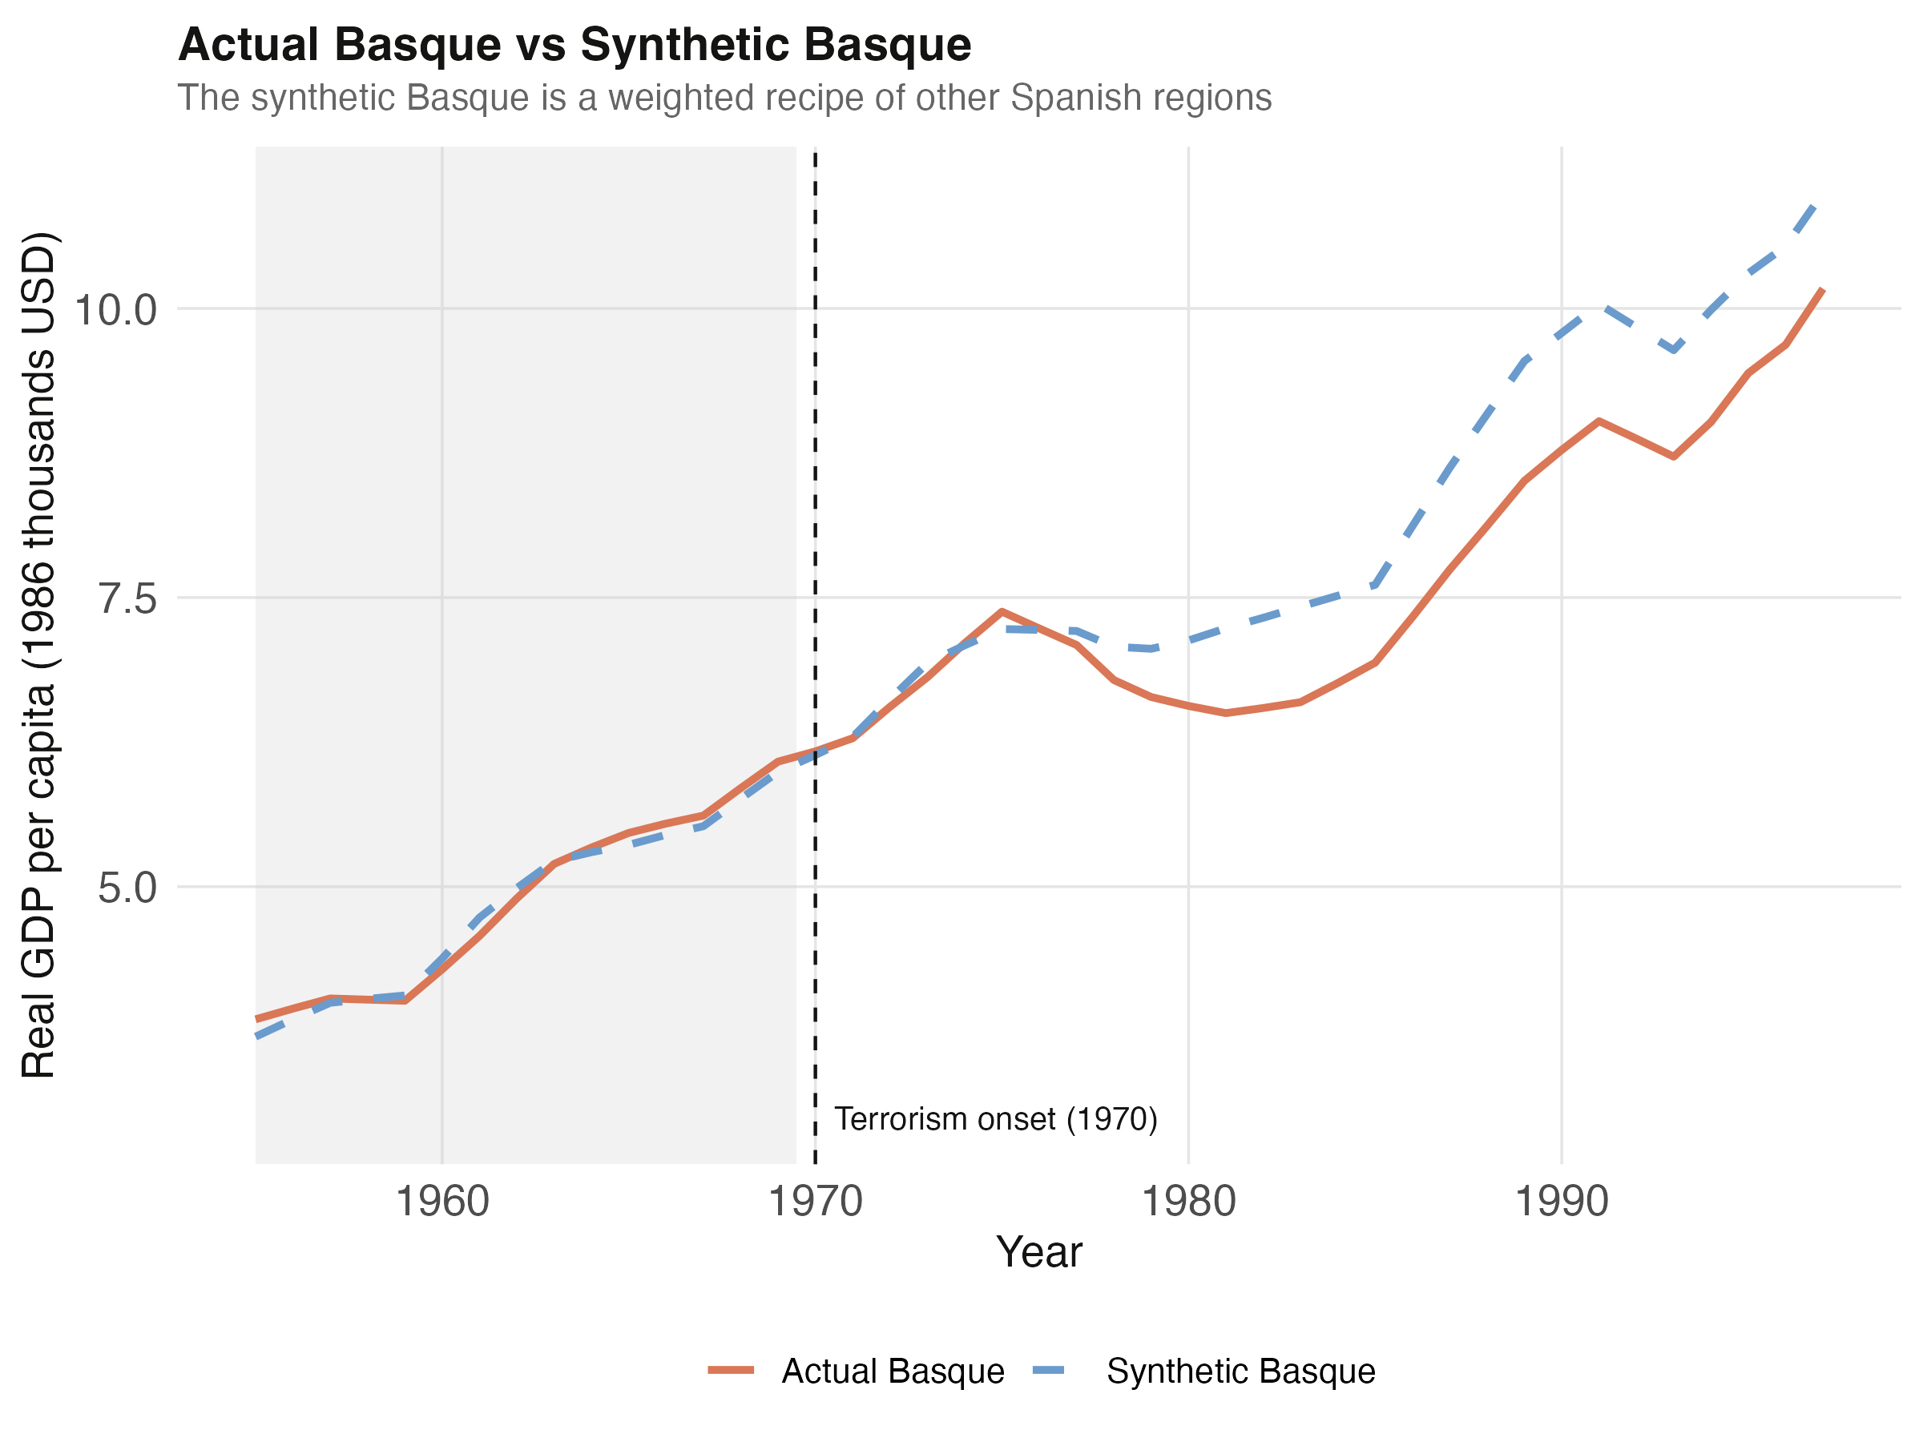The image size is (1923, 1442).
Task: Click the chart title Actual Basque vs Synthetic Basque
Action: click(x=574, y=45)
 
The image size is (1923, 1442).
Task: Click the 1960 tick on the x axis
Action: click(x=442, y=1202)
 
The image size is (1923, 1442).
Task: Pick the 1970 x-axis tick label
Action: click(x=816, y=1202)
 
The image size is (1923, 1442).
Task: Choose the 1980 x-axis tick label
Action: click(x=1188, y=1202)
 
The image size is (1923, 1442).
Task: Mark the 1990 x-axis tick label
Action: click(x=1562, y=1202)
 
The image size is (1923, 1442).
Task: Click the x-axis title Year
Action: click(x=1039, y=1252)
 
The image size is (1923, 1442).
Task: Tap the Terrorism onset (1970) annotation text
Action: click(x=996, y=1118)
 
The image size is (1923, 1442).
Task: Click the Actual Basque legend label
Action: click(x=893, y=1371)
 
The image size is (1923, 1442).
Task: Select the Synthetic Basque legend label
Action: click(x=1240, y=1371)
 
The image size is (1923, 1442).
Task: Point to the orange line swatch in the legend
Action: click(x=730, y=1371)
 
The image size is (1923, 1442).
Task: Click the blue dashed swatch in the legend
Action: click(x=1055, y=1371)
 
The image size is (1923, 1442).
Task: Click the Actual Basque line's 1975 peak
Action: click(x=1002, y=611)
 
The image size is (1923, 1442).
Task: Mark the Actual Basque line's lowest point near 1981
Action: click(x=1226, y=713)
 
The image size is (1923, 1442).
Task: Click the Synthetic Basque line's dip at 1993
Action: click(x=1674, y=350)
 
